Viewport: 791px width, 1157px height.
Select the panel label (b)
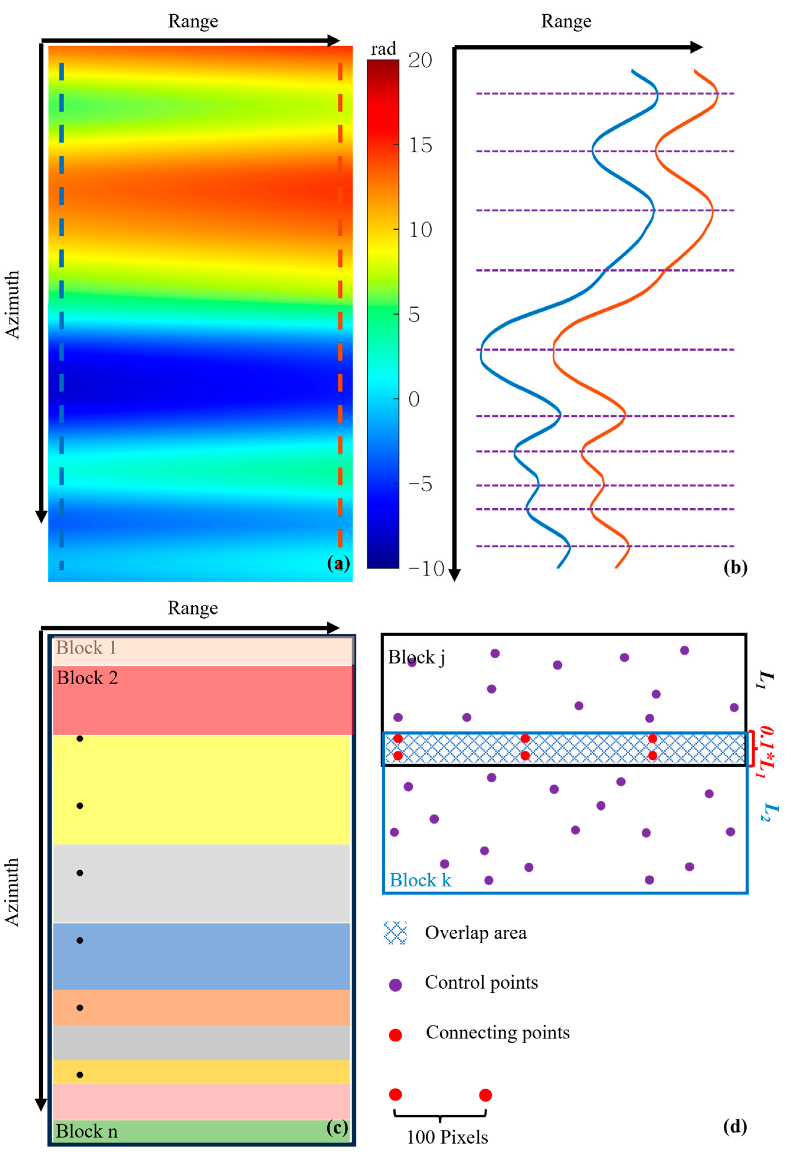(x=735, y=567)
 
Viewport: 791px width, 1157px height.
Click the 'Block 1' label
(x=86, y=648)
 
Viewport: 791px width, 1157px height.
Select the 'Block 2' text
(x=87, y=678)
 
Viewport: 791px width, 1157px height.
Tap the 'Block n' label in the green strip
(x=86, y=1131)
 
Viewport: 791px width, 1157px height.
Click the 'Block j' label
(x=416, y=657)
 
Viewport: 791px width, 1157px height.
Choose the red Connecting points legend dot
(x=395, y=1035)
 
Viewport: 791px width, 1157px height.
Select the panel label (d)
(x=735, y=1126)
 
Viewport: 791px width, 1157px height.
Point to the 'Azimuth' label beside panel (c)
(x=12, y=891)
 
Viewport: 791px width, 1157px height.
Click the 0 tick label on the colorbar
(x=414, y=399)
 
